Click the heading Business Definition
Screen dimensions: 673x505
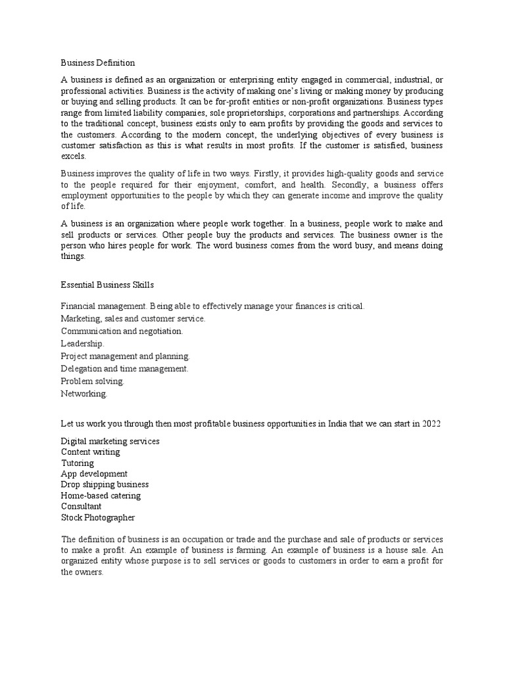coord(98,63)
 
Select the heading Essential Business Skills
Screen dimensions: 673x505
coord(107,285)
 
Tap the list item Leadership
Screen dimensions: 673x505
coord(83,344)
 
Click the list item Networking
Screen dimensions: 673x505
coord(84,394)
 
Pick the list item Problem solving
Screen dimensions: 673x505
coord(93,382)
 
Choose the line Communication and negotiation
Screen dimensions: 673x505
coord(122,331)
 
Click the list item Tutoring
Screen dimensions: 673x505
coord(78,463)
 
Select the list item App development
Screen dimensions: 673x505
coord(94,474)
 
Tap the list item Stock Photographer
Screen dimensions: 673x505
coord(98,518)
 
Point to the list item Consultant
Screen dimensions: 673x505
coord(82,507)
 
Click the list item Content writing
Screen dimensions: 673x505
coord(91,452)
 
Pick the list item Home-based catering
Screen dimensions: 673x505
coord(101,496)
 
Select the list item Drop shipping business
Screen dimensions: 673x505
coord(105,485)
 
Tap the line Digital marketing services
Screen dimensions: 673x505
coord(110,441)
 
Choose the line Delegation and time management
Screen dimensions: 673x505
coord(125,369)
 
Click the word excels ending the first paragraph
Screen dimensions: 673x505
coord(73,156)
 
